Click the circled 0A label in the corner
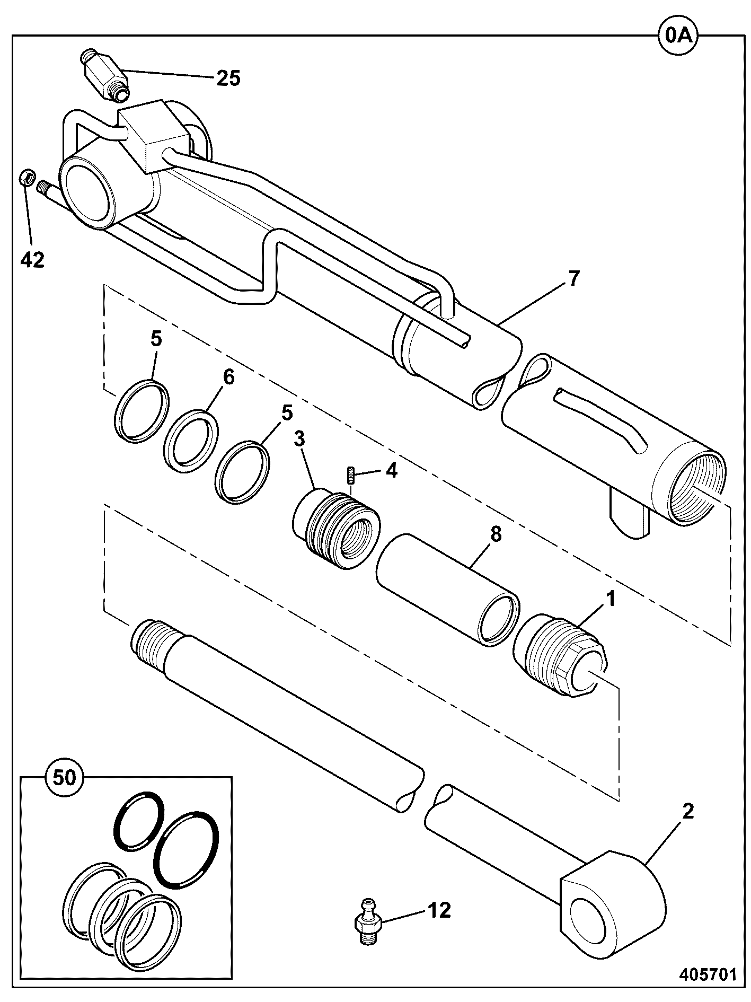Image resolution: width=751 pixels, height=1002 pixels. pos(679,36)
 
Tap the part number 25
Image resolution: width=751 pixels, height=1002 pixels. pos(228,78)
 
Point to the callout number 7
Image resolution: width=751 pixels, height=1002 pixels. pos(574,278)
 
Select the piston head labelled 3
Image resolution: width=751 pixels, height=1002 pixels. pos(337,529)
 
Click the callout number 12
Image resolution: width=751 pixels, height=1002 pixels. pos(439,911)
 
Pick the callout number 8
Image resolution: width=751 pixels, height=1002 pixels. pos(495,535)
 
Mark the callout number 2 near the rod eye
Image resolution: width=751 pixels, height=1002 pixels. pos(687,812)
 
